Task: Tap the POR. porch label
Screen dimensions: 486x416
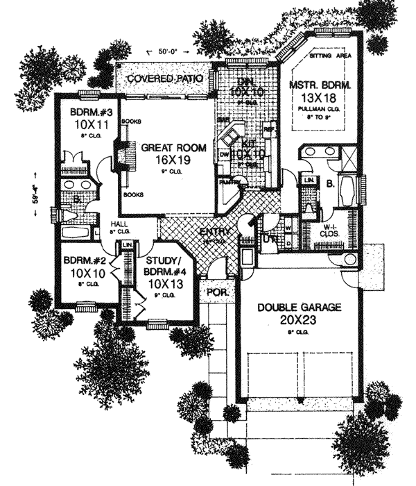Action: [x=218, y=293]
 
